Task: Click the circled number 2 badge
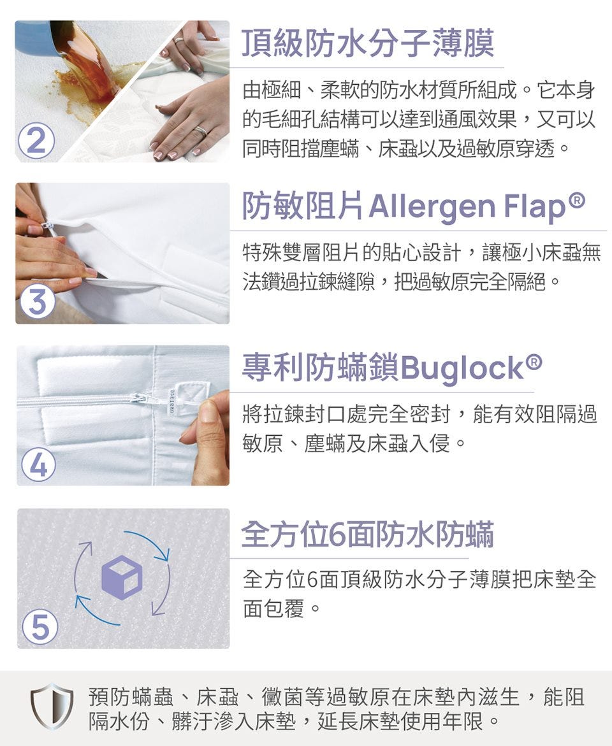36,141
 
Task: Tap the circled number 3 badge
37,302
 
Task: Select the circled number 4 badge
39,464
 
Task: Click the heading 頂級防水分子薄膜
368,43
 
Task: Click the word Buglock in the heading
462,369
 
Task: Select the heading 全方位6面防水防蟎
367,534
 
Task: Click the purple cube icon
122,577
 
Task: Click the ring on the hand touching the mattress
201,130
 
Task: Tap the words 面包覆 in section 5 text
273,608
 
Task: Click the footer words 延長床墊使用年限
400,721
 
